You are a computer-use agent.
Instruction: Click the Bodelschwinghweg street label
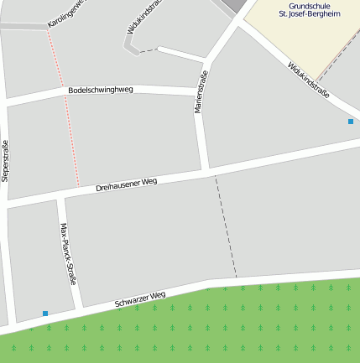[x=101, y=90]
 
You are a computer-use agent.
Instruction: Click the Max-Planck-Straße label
[x=68, y=253]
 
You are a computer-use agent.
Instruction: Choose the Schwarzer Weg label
[x=140, y=298]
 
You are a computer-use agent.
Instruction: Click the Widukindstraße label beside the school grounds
[x=308, y=80]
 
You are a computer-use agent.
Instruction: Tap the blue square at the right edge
[x=351, y=122]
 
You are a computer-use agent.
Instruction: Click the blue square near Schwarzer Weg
[x=45, y=314]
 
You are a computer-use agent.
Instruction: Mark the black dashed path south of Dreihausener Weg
[x=226, y=226]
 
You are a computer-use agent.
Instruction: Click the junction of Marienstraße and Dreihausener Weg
[x=206, y=171]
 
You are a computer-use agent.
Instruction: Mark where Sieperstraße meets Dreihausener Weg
[x=8, y=205]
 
